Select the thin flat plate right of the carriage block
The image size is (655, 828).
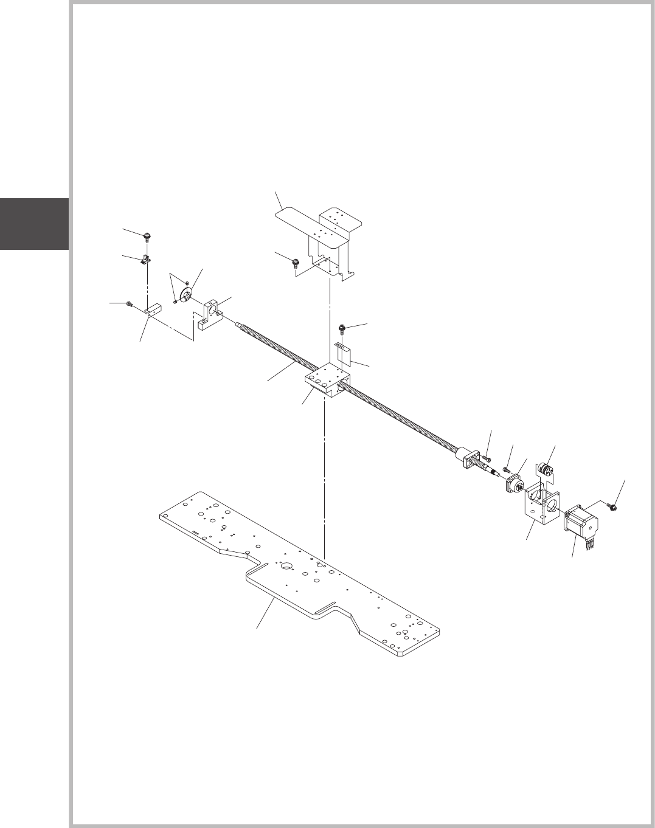(344, 353)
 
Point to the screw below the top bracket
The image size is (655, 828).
(295, 263)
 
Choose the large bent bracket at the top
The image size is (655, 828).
(322, 237)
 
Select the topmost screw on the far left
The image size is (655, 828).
(147, 236)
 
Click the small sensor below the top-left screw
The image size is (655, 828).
(145, 260)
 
